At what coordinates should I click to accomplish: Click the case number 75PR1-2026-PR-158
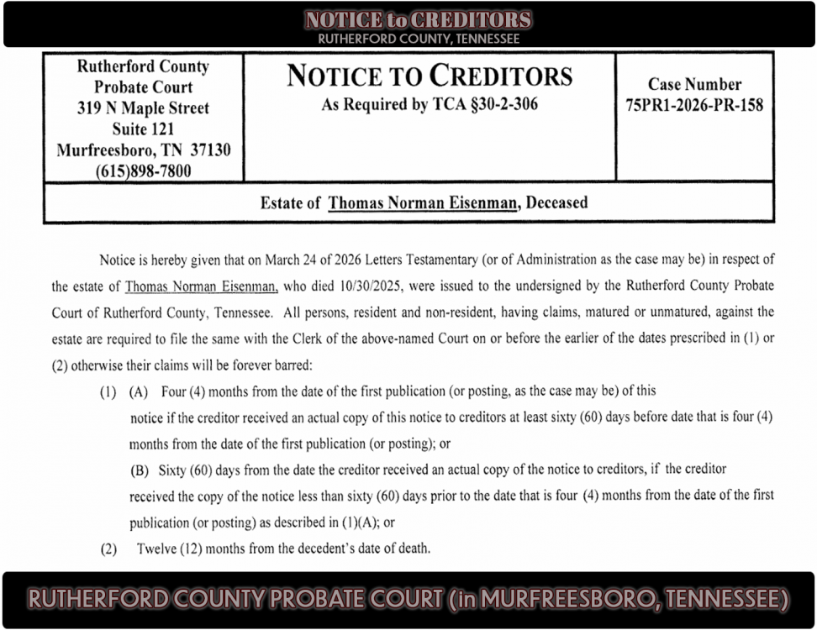point(694,106)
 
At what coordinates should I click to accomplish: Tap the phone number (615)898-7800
point(143,171)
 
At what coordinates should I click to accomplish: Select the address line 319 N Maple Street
point(143,108)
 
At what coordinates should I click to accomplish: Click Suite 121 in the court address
point(143,129)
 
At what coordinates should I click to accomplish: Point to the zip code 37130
point(209,150)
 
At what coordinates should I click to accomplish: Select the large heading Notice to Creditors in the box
point(430,76)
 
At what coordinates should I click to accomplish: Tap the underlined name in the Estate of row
point(422,202)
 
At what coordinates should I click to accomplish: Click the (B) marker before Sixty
point(139,469)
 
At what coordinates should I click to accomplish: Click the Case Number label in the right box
point(694,84)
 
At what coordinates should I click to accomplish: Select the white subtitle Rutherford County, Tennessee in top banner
point(419,39)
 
